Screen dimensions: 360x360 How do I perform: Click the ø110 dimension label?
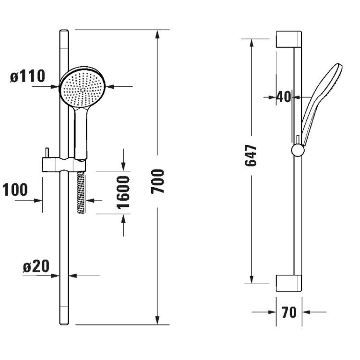click(27, 76)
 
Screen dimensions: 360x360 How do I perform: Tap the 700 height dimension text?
click(158, 181)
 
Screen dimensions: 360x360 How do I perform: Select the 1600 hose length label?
click(123, 192)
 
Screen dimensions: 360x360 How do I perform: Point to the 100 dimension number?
click(15, 190)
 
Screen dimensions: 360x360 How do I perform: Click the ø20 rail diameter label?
click(36, 266)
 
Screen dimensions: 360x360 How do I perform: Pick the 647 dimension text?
click(251, 156)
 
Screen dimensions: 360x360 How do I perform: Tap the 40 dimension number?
click(284, 96)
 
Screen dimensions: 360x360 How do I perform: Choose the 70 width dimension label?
click(289, 312)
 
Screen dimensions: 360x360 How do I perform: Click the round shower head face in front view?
click(83, 87)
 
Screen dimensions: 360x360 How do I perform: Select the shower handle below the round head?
click(81, 133)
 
